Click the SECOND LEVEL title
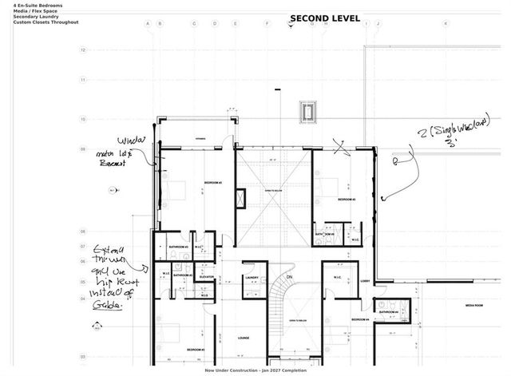point(324,18)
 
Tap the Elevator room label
point(206,277)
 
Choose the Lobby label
point(364,281)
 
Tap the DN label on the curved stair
point(290,277)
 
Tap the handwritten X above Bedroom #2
point(342,148)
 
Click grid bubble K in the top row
point(446,24)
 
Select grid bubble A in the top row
point(147,24)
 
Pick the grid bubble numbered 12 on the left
point(83,49)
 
